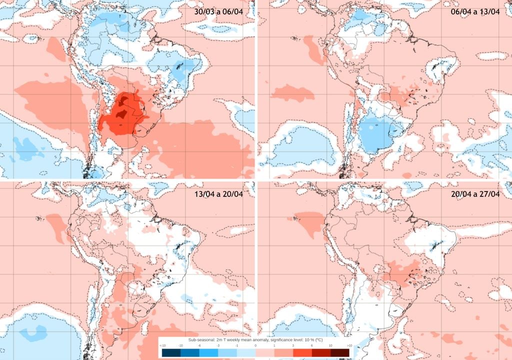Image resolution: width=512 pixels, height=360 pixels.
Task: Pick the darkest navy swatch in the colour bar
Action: coord(171,352)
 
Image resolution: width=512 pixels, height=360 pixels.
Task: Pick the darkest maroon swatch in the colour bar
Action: coord(340,352)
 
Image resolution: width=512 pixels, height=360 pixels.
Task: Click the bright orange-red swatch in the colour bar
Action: coord(302,352)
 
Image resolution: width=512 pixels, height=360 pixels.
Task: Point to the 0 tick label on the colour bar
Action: coord(255,345)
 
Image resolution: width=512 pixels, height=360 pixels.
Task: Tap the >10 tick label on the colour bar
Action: coord(349,345)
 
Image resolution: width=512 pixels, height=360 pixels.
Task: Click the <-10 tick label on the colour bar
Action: coord(162,345)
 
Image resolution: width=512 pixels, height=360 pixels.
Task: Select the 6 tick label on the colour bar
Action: coord(312,345)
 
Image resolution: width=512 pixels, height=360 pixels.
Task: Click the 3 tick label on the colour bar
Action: coord(293,345)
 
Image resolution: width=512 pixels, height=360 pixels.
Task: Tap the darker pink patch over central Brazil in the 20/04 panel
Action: coord(405,275)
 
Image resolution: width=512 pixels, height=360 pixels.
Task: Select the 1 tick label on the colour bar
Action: coord(274,345)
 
